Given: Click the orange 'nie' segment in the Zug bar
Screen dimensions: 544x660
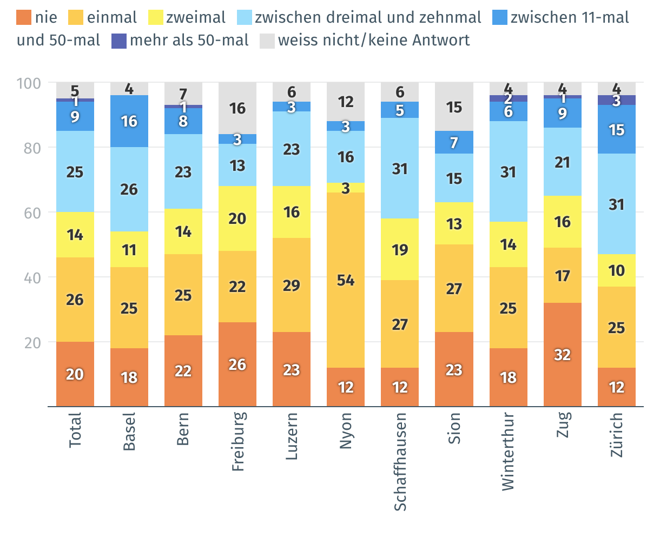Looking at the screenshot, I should [563, 355].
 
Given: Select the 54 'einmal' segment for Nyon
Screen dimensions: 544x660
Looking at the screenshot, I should [346, 280].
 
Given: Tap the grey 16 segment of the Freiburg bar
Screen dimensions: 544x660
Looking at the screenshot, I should [237, 108].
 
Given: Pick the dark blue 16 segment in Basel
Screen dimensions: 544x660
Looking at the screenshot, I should [129, 121].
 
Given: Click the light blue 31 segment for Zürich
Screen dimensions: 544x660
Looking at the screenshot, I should [617, 204].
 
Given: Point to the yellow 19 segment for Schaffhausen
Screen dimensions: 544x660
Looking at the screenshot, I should [400, 249].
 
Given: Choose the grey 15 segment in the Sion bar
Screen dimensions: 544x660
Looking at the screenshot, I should [454, 107].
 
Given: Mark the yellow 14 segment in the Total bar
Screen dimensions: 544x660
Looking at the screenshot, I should [75, 235].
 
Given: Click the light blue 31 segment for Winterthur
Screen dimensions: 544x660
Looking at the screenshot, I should [509, 171].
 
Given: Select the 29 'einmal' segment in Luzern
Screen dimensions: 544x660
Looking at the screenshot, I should [292, 285].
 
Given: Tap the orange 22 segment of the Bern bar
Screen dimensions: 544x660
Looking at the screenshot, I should [183, 371].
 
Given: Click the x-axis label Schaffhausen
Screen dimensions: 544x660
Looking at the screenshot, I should [400, 461].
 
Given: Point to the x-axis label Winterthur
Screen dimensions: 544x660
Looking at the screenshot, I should [508, 452].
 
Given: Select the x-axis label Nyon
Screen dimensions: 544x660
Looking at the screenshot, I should [346, 431].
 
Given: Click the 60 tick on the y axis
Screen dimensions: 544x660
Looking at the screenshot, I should [32, 213].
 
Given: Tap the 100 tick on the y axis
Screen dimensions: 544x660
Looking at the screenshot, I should [29, 83].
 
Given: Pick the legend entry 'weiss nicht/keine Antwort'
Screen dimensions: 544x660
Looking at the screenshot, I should [373, 41].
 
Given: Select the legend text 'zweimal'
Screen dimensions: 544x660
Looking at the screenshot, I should [196, 17].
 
